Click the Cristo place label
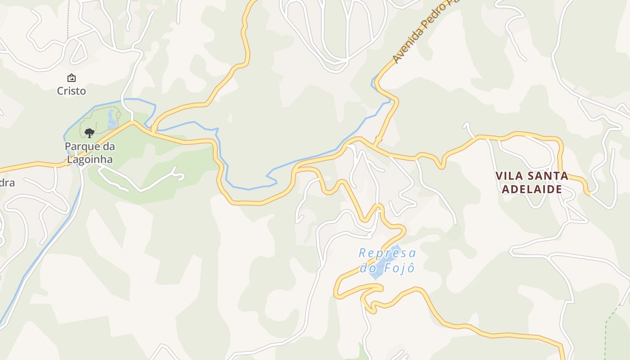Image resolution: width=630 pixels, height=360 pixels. click(71, 91)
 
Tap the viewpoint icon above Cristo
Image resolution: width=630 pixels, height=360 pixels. click(71, 78)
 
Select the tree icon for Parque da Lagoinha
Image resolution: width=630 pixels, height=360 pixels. click(90, 133)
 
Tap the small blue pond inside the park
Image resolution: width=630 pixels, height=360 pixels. click(111, 119)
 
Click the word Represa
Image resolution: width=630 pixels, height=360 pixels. click(387, 253)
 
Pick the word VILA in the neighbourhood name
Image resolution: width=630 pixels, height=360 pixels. click(508, 176)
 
